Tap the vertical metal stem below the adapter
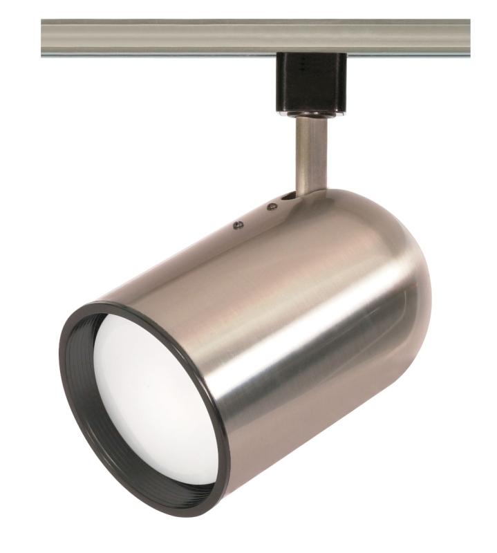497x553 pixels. click(x=306, y=152)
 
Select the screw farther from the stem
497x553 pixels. click(x=238, y=224)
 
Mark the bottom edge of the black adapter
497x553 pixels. click(x=303, y=106)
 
